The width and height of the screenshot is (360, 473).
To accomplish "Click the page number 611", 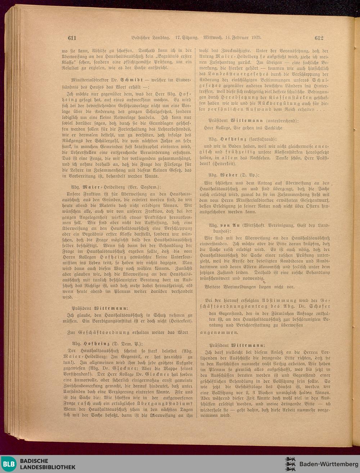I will (x=72, y=38).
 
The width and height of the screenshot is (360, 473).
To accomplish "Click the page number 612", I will (x=319, y=37).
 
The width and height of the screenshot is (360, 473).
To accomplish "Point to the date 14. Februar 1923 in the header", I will (x=243, y=37).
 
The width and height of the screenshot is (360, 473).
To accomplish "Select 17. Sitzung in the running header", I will (x=187, y=37).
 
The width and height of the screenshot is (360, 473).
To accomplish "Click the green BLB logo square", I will (x=9, y=464).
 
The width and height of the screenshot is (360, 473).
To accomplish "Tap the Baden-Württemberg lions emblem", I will (x=290, y=464).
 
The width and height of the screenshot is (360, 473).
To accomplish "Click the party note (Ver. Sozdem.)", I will (x=145, y=187).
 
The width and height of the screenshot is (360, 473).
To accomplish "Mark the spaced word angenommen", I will (x=219, y=333).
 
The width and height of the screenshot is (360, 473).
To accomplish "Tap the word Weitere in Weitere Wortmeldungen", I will (x=213, y=287).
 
